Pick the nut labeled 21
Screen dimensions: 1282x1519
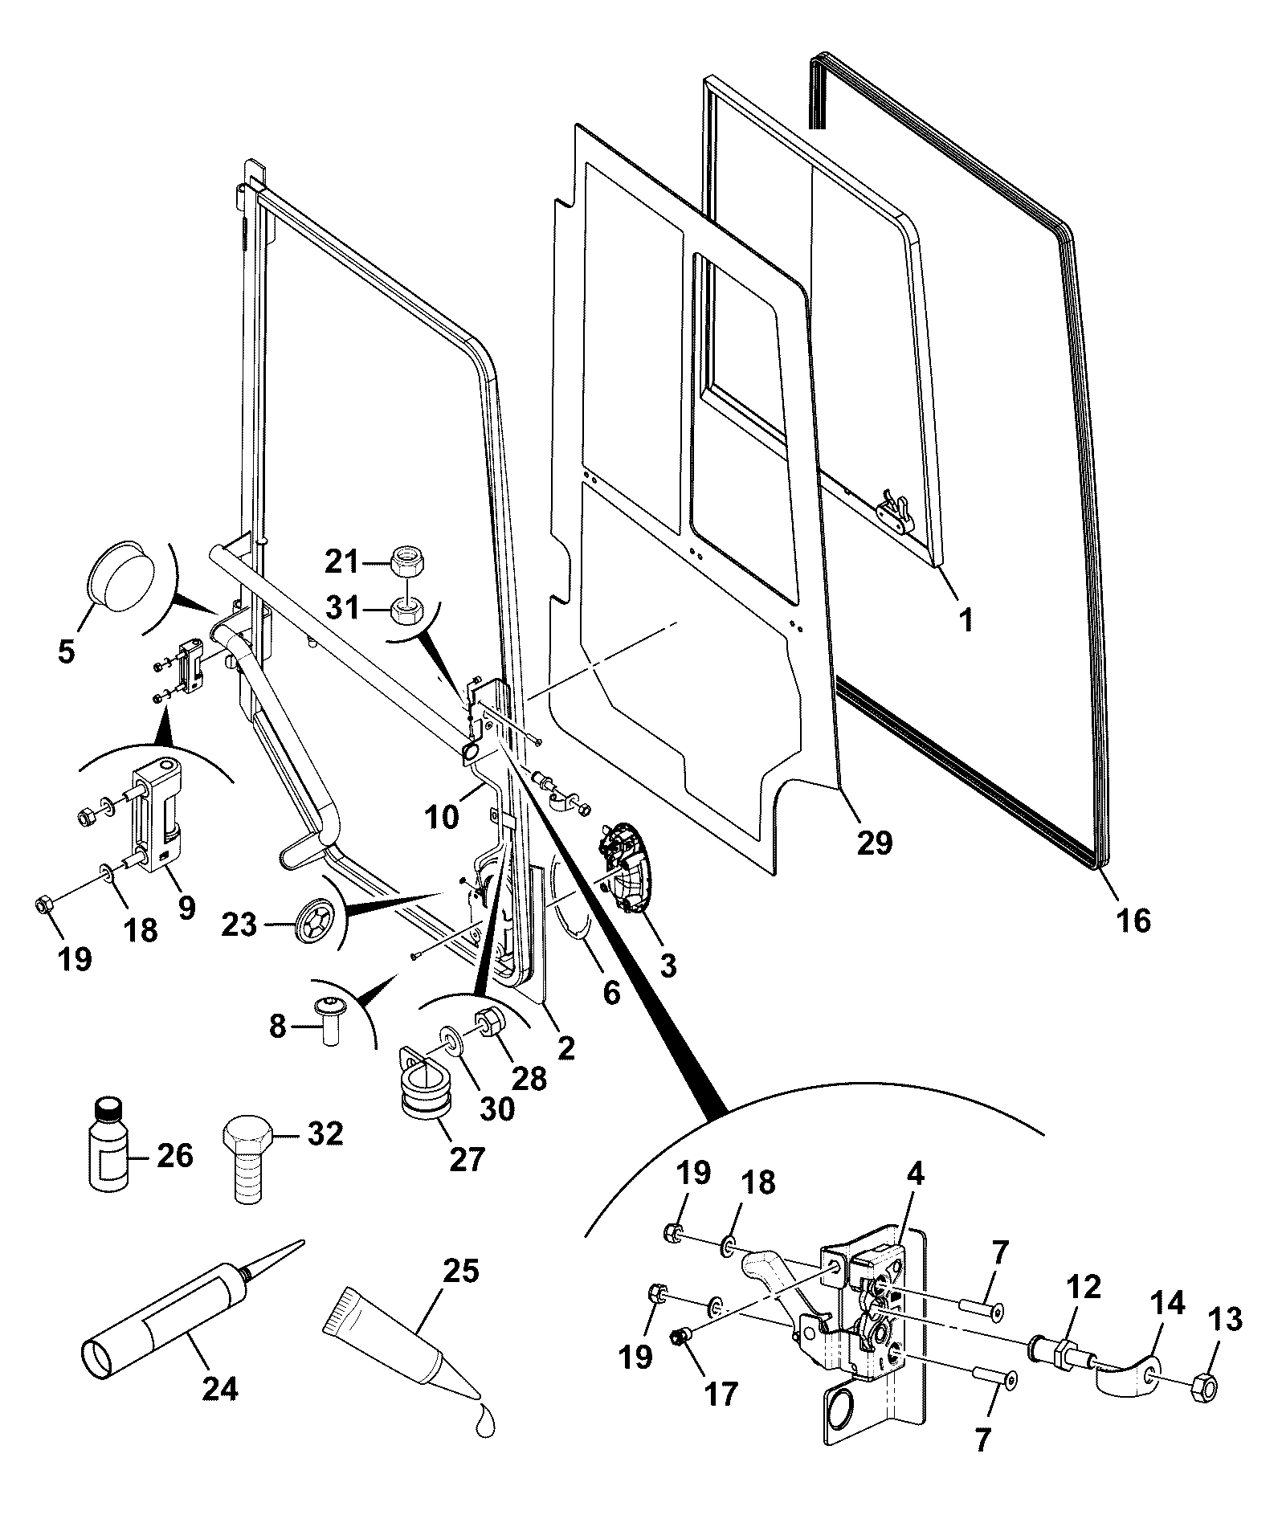click(x=407, y=561)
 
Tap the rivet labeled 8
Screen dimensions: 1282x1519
click(x=328, y=1019)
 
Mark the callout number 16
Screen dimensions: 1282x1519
click(x=1133, y=920)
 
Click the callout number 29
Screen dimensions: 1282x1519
click(x=875, y=843)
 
